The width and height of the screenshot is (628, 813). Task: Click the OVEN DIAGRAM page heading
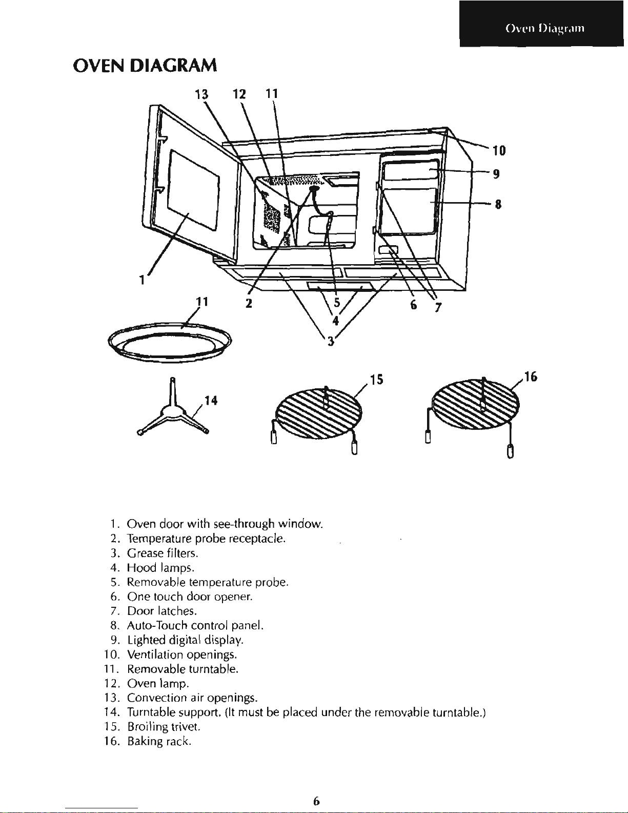pos(145,66)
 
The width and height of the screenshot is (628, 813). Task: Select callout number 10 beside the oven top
pos(499,150)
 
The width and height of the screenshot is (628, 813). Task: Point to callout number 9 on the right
pos(496,174)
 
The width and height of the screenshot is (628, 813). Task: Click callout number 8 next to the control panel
pos(497,205)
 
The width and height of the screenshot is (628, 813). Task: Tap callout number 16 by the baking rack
pos(531,378)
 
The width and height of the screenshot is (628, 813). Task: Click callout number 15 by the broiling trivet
pos(377,380)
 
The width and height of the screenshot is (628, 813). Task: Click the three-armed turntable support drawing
pos(172,410)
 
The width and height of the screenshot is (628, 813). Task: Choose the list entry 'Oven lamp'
pos(158,684)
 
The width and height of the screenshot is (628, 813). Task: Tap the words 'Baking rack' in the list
pos(159,742)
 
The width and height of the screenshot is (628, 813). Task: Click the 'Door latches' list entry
pos(162,611)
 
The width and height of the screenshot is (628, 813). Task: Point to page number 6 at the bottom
pos(316,801)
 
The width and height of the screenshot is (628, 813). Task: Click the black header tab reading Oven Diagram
pos(544,28)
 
